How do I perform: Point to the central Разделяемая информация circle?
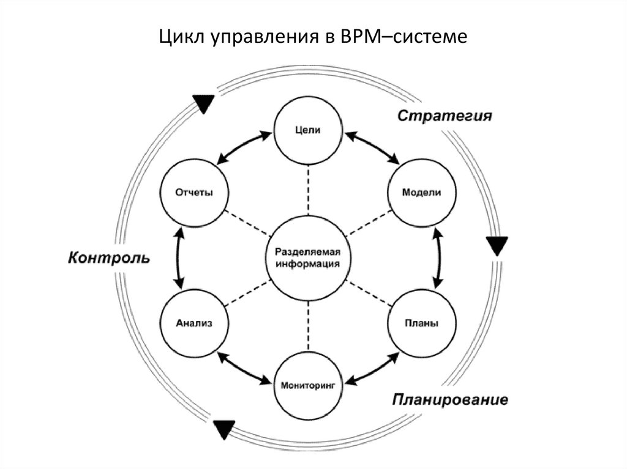pyautogui.click(x=307, y=259)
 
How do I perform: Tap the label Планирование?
pyautogui.click(x=450, y=401)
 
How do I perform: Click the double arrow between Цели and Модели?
pyautogui.click(x=372, y=147)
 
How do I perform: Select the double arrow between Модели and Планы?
pyautogui.click(x=438, y=258)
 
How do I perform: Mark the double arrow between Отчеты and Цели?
pyautogui.click(x=243, y=147)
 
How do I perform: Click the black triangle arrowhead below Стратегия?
pyautogui.click(x=497, y=246)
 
